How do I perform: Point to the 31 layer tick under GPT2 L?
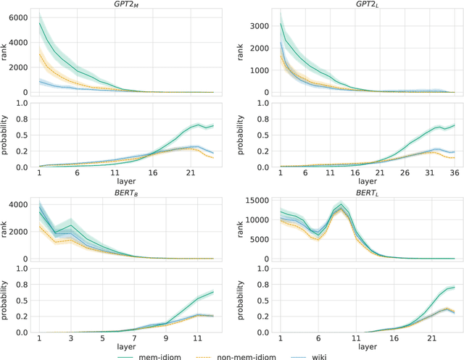426,174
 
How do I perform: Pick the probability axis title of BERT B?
7,300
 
